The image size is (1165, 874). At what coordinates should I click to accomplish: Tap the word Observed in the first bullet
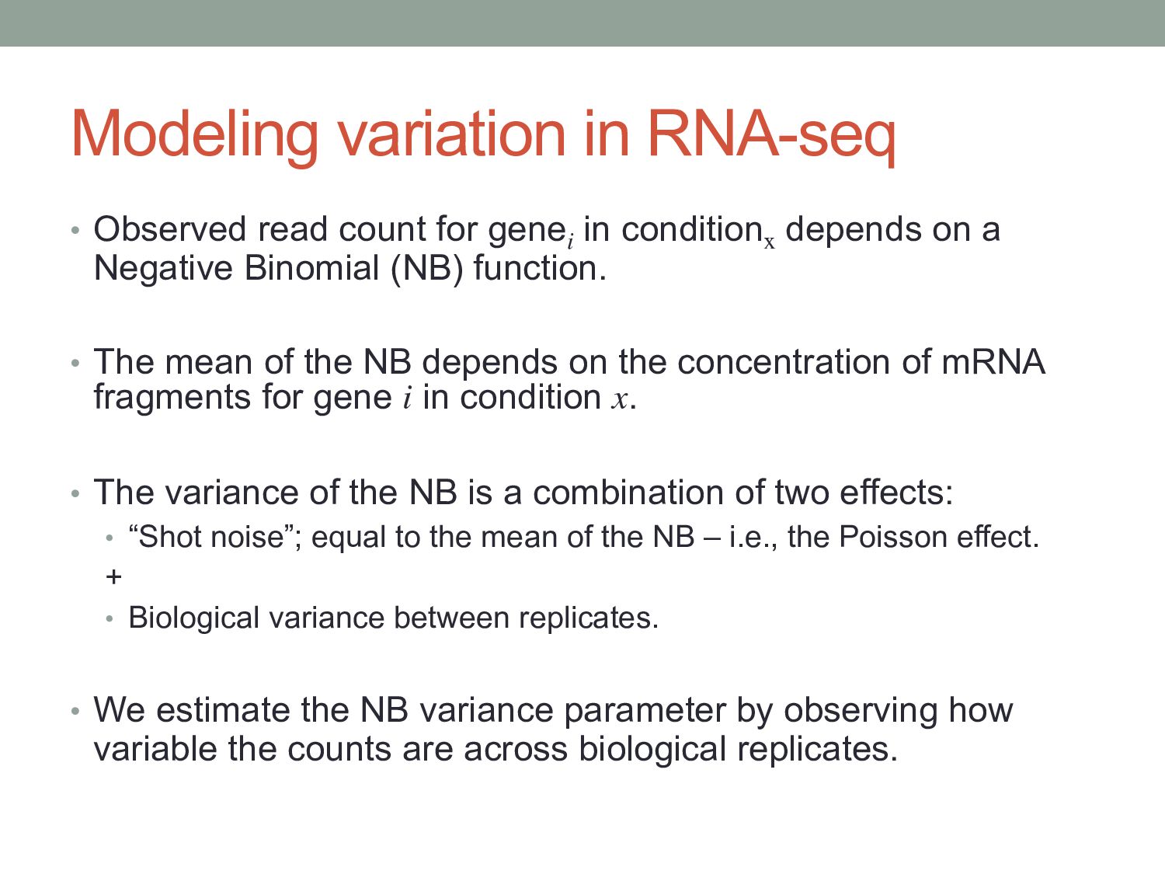(170, 229)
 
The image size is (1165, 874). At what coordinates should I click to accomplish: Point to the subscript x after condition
(769, 244)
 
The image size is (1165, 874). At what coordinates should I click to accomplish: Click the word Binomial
(312, 268)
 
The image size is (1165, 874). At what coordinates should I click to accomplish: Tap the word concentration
(784, 363)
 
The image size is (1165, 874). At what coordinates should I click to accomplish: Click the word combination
(628, 493)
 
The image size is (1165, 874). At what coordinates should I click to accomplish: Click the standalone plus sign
(113, 576)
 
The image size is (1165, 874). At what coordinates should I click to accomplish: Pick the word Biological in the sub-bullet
(193, 618)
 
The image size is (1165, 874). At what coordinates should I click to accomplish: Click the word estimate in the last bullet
(224, 710)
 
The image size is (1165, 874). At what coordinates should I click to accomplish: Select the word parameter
(645, 712)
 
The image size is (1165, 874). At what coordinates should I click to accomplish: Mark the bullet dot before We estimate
(75, 711)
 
